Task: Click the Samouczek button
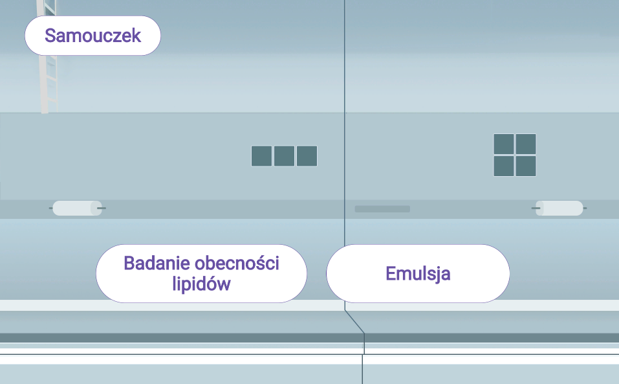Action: (x=92, y=36)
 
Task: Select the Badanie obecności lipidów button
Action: (x=201, y=273)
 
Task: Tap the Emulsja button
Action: (x=418, y=273)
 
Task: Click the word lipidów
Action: (x=202, y=284)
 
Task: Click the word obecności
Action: (x=237, y=264)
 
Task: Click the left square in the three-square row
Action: (x=261, y=156)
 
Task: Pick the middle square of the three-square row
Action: (x=284, y=156)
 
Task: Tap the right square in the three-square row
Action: (x=307, y=156)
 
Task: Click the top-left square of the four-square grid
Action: (x=504, y=144)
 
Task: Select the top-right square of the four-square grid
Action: (x=526, y=144)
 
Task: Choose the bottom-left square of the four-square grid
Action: (x=504, y=166)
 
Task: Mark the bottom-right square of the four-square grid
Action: (x=526, y=166)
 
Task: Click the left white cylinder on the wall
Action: (x=78, y=208)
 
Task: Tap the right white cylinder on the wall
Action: (x=559, y=208)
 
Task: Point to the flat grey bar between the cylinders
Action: (x=382, y=209)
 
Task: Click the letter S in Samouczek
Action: (x=50, y=36)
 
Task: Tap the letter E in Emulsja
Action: (x=390, y=273)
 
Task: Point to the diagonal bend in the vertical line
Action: (x=354, y=322)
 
